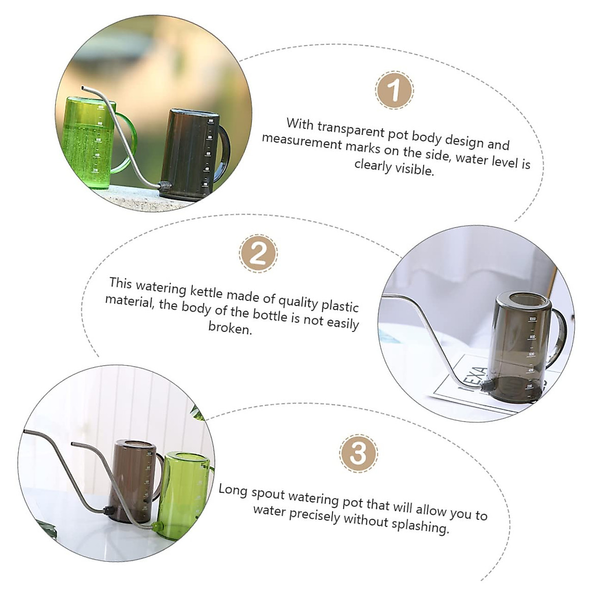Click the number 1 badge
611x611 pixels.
394,90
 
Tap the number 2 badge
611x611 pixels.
258,253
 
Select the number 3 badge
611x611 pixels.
358,453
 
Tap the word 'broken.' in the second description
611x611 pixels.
230,328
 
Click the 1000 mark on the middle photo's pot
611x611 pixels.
532,319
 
